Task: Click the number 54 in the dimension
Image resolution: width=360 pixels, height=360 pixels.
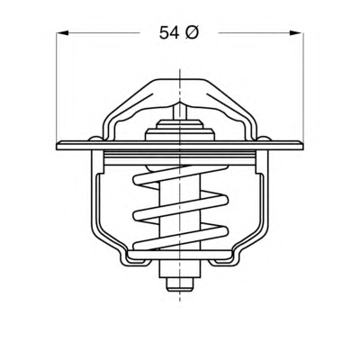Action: pos(169,33)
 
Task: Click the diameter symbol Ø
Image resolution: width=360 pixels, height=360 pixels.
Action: pos(192,32)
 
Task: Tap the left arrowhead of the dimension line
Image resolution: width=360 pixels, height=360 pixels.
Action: pos(63,32)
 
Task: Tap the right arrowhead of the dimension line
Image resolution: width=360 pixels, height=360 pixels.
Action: pos(296,32)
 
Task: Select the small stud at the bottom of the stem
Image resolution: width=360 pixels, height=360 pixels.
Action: pos(179,284)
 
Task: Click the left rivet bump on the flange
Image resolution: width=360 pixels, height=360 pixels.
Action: pos(95,139)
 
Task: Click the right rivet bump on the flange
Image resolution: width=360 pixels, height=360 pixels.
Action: pos(265,139)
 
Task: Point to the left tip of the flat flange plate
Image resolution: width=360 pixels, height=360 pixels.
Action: pos(57,146)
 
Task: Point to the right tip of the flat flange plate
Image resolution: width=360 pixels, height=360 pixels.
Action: pos(303,146)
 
